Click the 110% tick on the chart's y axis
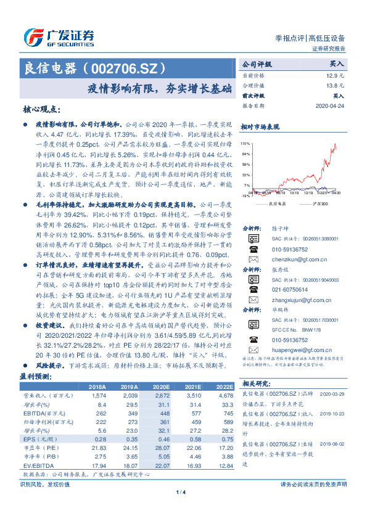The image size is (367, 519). (x=245, y=142)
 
